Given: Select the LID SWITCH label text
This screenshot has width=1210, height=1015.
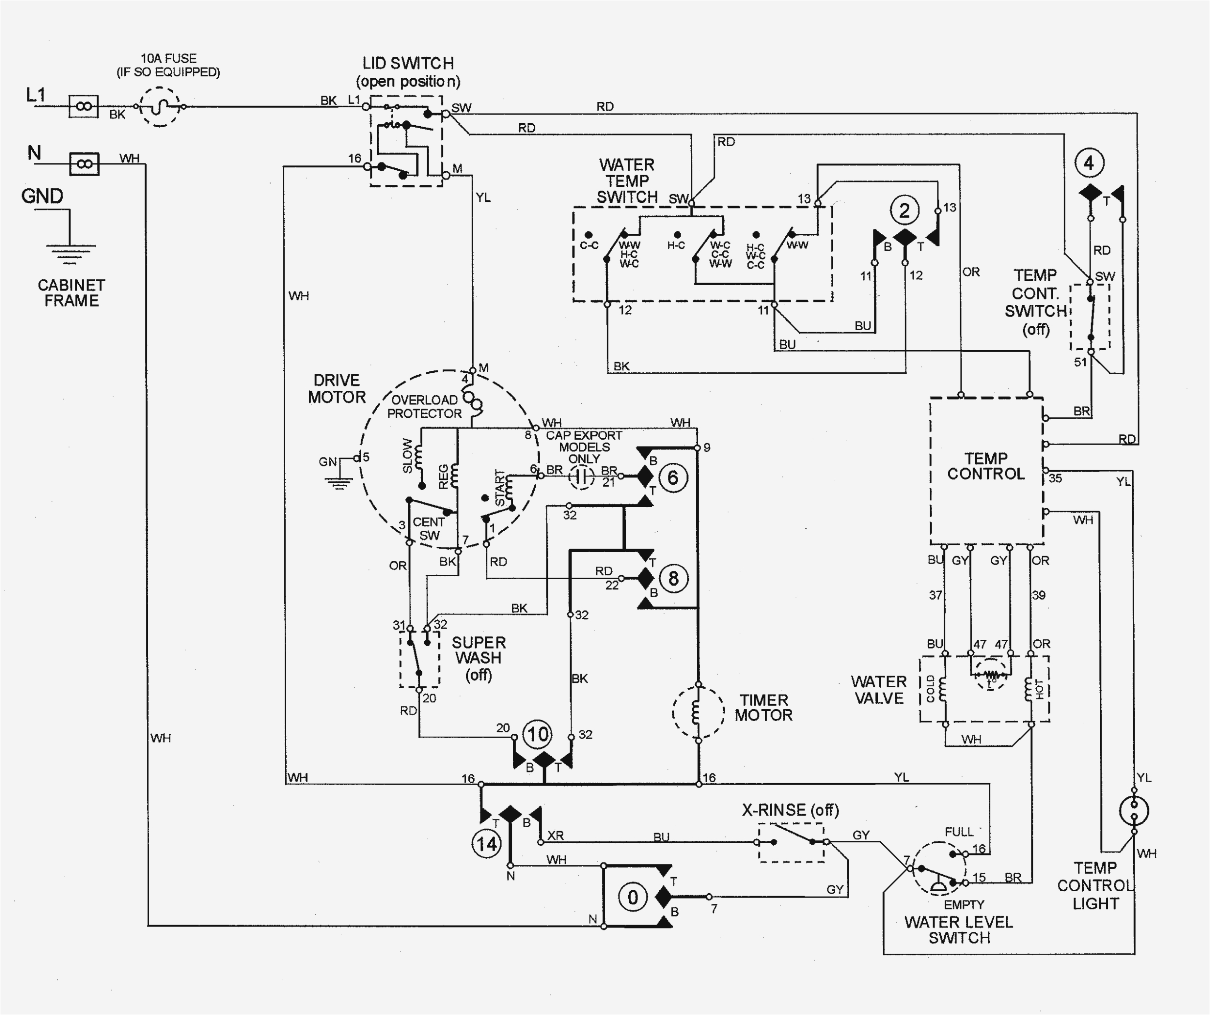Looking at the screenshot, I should point(408,64).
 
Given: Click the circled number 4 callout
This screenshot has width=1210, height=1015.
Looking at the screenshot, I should point(1089,163).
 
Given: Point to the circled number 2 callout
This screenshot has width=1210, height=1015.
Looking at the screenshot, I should point(905,210).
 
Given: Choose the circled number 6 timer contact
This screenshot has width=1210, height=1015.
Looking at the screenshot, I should point(672,477).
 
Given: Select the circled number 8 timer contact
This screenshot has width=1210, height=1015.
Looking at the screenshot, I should point(672,578).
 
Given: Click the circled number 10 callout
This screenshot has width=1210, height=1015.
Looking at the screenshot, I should point(537,734).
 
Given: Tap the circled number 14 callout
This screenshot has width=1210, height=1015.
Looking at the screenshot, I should point(486,844).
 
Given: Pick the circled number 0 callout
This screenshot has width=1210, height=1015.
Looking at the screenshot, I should point(633,897).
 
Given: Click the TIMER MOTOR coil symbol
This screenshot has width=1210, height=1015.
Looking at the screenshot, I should point(698,713).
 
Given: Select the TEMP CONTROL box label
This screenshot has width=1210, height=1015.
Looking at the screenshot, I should point(986,467).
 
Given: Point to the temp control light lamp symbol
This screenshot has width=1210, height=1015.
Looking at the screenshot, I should point(1133,811).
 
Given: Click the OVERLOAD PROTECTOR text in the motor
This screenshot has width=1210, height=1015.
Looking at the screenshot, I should point(425,406).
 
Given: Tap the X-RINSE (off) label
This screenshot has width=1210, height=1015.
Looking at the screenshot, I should point(790,811).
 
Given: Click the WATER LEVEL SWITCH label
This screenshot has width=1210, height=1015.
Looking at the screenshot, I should point(959,930).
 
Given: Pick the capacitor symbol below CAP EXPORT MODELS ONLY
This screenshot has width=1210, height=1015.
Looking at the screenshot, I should point(581,477).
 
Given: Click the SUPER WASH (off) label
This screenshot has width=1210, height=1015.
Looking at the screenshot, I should point(478,658).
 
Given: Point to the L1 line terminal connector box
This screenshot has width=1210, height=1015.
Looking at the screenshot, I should point(84,107).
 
